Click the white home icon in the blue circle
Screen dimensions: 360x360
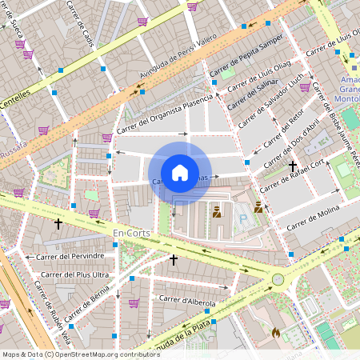pos(180,173)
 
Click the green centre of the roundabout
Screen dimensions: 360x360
pos(278,279)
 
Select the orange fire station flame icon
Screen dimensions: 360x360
pos(275,332)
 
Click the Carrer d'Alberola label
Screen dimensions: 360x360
pos(188,300)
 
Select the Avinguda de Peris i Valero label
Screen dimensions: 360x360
pos(179,60)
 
